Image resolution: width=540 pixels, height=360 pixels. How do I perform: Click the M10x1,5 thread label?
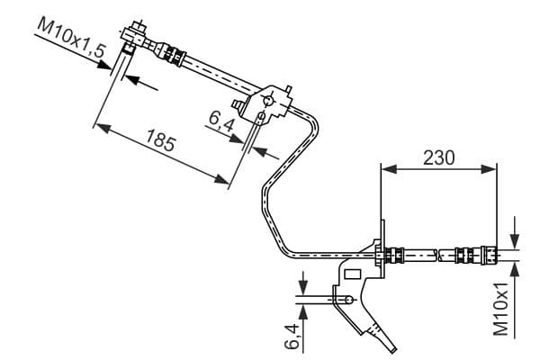point(71,37)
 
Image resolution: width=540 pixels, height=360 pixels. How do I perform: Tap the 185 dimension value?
point(161,139)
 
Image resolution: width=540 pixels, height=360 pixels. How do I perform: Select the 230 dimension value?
point(439,157)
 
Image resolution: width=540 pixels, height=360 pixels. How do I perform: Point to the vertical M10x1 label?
point(501,309)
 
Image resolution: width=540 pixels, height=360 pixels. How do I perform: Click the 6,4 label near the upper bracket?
point(221,121)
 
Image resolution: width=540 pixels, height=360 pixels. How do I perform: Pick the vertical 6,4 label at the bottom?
point(292,336)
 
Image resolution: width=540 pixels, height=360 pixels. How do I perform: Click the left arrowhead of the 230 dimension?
point(389,169)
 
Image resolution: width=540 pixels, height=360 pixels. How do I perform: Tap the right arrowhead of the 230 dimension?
point(489,169)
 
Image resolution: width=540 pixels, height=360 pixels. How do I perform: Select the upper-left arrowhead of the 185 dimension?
point(103,128)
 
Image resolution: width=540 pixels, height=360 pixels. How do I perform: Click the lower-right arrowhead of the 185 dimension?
point(221,179)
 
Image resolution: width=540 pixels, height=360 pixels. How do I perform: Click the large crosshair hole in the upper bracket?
point(268,101)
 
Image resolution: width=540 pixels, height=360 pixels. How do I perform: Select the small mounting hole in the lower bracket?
point(349,300)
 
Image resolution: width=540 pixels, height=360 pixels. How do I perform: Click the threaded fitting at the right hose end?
point(489,256)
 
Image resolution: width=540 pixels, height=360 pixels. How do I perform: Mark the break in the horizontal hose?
point(440,256)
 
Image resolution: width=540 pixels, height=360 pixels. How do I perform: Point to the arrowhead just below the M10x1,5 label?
point(104,65)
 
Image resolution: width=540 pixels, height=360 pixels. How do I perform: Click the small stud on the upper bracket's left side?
point(238,104)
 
